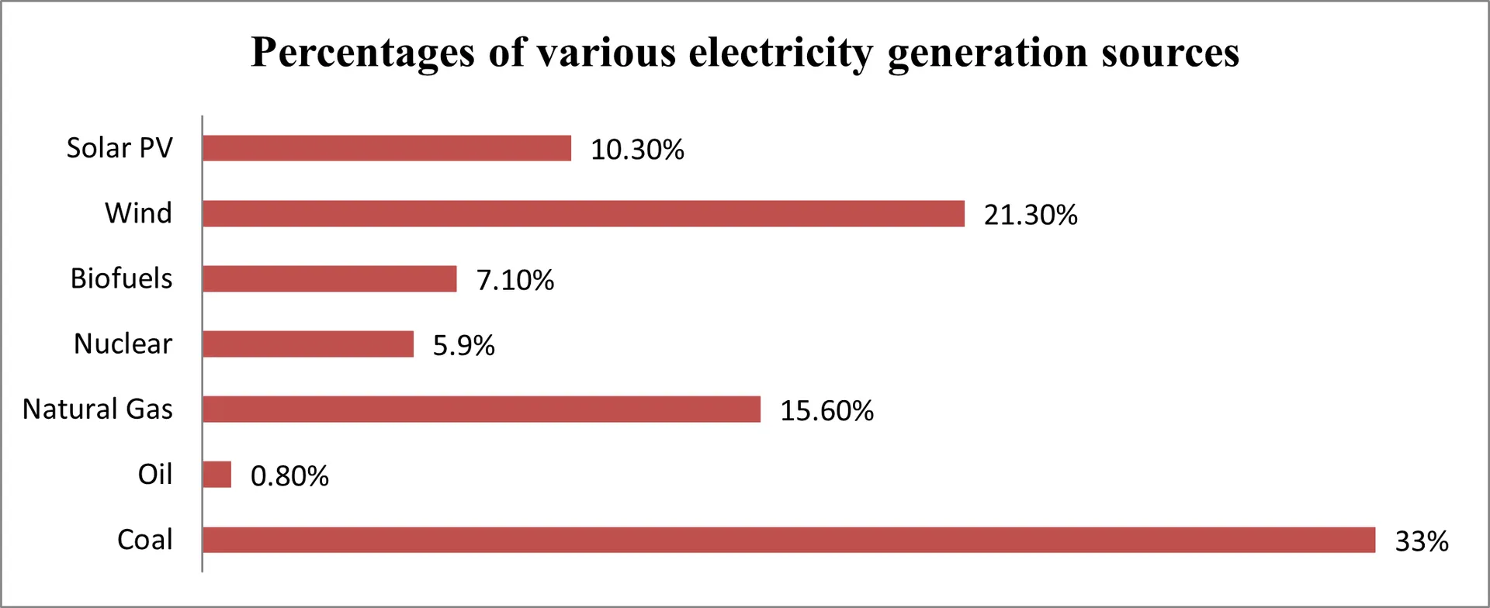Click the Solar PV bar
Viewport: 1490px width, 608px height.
pos(386,148)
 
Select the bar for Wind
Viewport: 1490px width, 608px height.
pos(584,213)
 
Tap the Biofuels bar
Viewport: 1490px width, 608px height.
pos(330,278)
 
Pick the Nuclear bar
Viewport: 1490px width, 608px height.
pos(308,344)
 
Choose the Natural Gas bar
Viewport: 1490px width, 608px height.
pos(481,409)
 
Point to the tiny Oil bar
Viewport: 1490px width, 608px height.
pos(217,475)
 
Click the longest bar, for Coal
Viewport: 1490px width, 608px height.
pos(788,540)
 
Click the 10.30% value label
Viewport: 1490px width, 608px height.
pos(637,150)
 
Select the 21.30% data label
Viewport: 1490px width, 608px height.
pos(1031,215)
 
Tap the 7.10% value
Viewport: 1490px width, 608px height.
pos(515,280)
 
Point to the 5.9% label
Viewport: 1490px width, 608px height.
pos(463,345)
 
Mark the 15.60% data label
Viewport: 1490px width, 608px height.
pos(826,410)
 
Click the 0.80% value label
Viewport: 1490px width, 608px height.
pos(289,476)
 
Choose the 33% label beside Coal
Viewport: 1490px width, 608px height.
pos(1421,541)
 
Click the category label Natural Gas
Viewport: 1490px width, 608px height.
pos(98,409)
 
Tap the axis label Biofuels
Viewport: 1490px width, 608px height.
pos(121,278)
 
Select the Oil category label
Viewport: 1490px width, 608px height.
pos(155,474)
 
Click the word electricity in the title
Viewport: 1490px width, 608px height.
pos(781,53)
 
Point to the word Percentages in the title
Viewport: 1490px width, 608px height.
pos(362,53)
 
